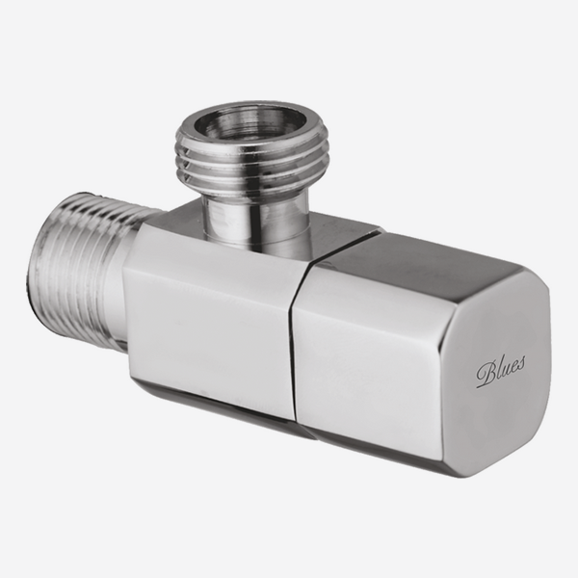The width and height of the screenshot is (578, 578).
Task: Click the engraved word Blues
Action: click(501, 370)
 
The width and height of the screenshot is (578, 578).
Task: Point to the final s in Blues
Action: click(521, 363)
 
